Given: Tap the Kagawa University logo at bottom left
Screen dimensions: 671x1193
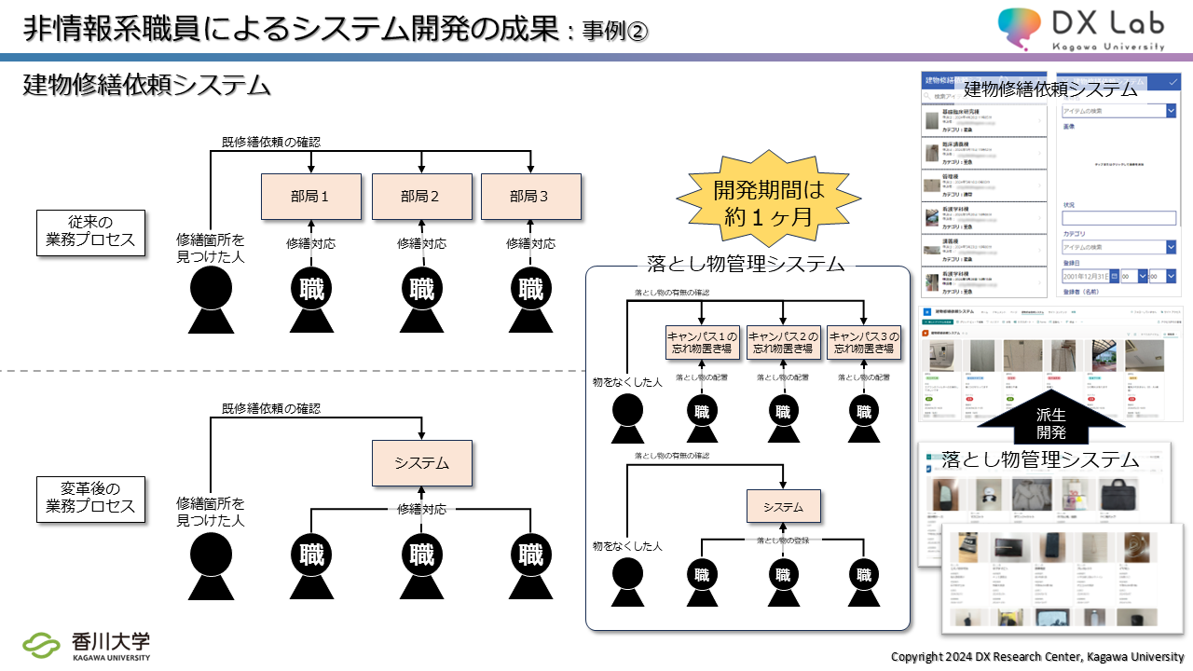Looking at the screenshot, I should coord(87,646).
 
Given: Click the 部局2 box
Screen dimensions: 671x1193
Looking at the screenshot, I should coord(421,197).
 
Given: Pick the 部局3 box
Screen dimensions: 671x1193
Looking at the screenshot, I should coord(530,197).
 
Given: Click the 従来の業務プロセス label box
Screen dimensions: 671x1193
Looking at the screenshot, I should coord(90,231).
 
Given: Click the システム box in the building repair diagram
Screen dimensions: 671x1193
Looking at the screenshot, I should coord(421,463).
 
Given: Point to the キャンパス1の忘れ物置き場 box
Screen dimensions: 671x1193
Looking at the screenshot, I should coord(701,343).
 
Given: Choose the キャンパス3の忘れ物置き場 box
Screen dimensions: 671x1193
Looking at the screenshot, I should coord(864,343).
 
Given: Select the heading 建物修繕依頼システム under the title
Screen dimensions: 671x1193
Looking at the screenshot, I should coord(146,86).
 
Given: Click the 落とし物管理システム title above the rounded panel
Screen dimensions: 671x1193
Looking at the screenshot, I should coord(746,264).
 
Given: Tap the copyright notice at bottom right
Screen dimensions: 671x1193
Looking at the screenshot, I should coord(1037,656).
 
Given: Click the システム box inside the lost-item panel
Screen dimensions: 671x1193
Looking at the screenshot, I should coord(783,507).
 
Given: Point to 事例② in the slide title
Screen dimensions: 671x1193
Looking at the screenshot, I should coord(614,31).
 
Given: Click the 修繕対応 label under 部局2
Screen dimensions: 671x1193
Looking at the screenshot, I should coord(421,243).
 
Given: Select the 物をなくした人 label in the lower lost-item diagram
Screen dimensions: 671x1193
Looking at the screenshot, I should coord(627,545).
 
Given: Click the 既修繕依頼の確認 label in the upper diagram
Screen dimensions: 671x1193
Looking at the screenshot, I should coord(271,143).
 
